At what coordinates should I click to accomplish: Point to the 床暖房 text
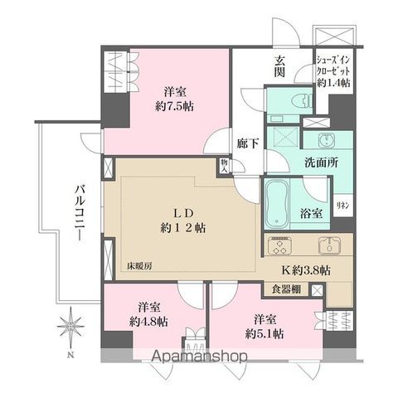pos(140,265)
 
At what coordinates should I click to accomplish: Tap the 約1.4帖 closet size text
pos(335,84)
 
